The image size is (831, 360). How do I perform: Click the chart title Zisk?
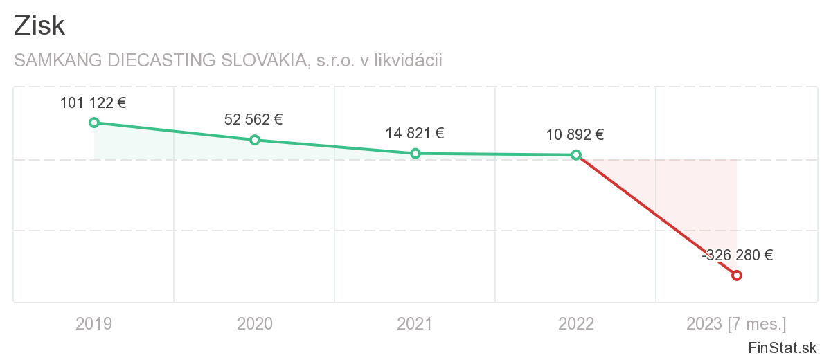[x=39, y=26]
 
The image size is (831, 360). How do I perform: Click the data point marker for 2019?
[x=94, y=123]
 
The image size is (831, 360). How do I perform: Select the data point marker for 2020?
[x=255, y=140]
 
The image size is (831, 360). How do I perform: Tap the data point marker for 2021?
[x=415, y=154]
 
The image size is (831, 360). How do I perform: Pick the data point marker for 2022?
[x=576, y=155]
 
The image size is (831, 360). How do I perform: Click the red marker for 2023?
[x=737, y=276]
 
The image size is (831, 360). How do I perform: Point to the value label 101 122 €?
[x=93, y=103]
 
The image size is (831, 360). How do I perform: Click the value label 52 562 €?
[x=253, y=119]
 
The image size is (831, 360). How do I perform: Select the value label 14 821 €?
[x=414, y=134]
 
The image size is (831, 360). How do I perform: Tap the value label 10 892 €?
[x=575, y=135]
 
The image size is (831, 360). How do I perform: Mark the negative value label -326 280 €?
[x=737, y=255]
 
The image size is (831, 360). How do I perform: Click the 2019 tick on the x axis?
[x=94, y=323]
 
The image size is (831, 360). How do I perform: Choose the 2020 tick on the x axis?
[x=255, y=323]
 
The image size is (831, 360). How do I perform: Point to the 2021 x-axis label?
[x=415, y=323]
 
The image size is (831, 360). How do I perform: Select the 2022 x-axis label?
[x=576, y=323]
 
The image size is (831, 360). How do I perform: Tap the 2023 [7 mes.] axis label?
[x=736, y=323]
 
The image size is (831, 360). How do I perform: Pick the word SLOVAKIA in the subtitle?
[x=263, y=61]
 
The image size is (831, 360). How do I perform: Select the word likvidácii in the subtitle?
[x=408, y=61]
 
